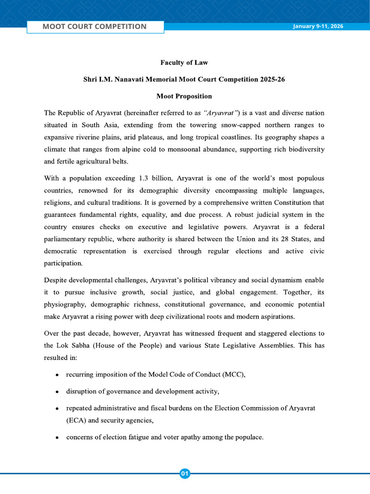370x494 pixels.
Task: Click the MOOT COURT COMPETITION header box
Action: point(95,27)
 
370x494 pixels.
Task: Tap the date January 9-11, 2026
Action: point(318,26)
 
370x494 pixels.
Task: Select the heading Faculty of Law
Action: point(184,62)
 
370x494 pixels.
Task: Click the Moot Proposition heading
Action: point(184,96)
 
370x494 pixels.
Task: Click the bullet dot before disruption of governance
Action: point(57,392)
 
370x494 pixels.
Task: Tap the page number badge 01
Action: point(185,474)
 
